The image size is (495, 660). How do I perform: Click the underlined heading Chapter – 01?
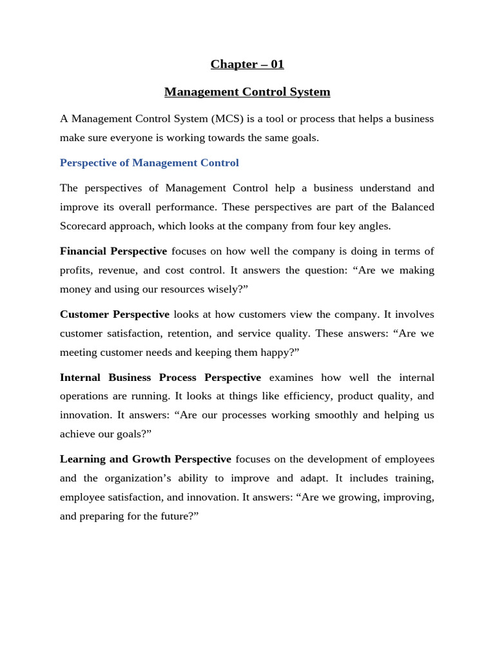tap(247, 64)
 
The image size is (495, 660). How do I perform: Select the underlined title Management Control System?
tap(247, 92)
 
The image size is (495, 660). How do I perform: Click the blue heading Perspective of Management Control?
tap(149, 163)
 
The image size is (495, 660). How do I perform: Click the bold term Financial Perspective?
tap(113, 251)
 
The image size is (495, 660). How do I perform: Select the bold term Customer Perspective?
tap(115, 315)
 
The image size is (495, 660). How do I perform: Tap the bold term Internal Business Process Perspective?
tap(160, 378)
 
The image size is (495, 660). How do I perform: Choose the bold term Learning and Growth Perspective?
tap(146, 460)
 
